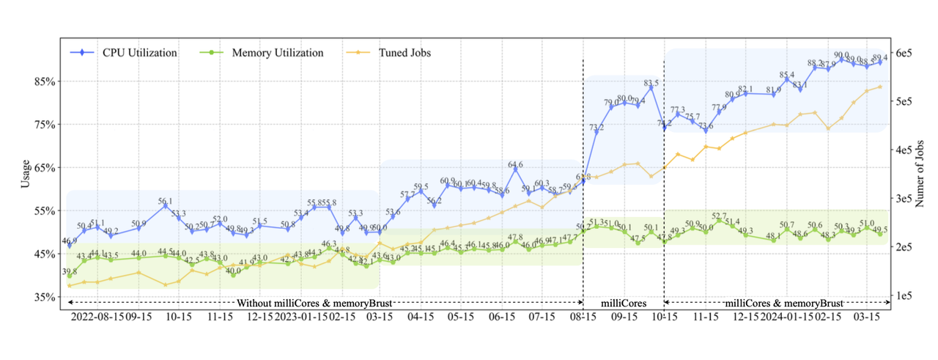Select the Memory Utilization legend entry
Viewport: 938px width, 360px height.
[277, 53]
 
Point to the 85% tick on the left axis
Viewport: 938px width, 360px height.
[46, 81]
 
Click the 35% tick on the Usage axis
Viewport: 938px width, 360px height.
[46, 297]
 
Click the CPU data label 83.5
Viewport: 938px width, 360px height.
[651, 83]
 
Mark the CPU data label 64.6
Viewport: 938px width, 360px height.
[516, 165]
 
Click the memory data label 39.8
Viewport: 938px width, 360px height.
[70, 272]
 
